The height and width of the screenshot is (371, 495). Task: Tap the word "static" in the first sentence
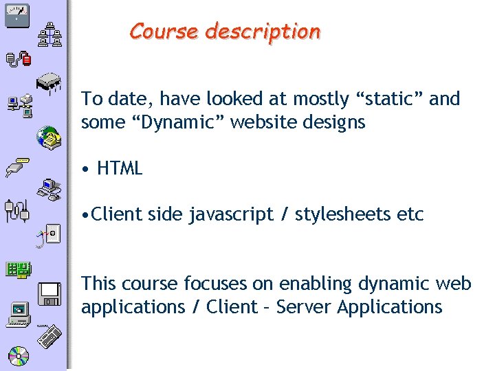point(396,99)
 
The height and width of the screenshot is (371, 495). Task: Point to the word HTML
point(120,168)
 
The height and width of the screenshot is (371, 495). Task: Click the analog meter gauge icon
point(17,14)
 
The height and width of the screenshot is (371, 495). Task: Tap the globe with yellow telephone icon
point(49,137)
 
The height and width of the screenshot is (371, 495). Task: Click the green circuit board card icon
point(18,270)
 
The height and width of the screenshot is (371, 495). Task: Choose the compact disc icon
point(18,355)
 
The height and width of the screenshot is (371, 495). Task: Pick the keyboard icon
point(49,338)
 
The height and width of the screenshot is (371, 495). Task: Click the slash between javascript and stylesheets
point(284,215)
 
